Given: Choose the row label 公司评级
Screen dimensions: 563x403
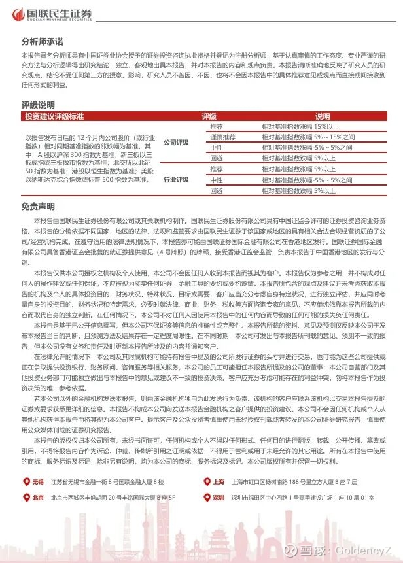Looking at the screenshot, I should [x=175, y=141].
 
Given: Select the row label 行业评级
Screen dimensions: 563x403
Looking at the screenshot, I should [x=175, y=179].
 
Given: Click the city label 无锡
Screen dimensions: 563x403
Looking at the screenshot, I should [x=37, y=482].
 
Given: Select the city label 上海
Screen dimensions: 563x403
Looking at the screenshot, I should [x=219, y=482].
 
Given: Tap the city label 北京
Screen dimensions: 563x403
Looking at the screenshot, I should [x=37, y=497].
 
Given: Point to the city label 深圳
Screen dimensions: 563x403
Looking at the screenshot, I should [x=219, y=497].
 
